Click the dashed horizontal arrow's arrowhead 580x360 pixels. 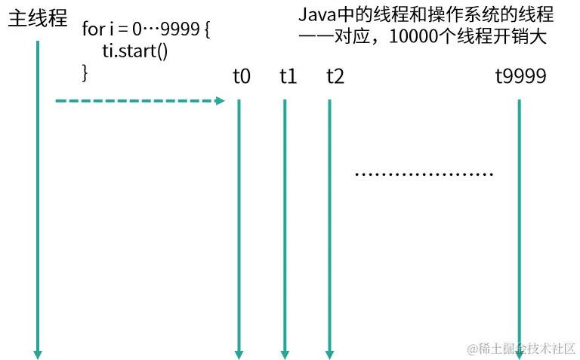pyautogui.click(x=221, y=101)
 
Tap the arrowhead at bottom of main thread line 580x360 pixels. pyautogui.click(x=37, y=353)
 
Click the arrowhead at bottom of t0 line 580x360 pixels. pyautogui.click(x=239, y=353)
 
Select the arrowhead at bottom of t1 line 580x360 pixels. pyautogui.click(x=285, y=353)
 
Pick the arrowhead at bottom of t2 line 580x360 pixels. pyautogui.click(x=329, y=353)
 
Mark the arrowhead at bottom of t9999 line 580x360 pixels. pyautogui.click(x=519, y=353)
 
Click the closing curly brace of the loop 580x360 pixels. pyautogui.click(x=85, y=72)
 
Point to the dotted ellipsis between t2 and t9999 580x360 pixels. pyautogui.click(x=424, y=175)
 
